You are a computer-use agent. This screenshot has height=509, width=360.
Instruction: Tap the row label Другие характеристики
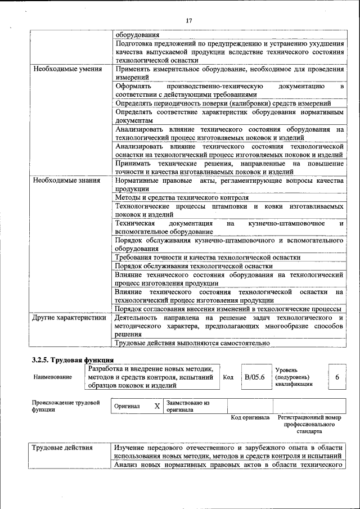(69, 318)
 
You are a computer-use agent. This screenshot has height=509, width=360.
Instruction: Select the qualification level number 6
(337, 377)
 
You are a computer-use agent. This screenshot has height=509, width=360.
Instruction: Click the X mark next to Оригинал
(157, 406)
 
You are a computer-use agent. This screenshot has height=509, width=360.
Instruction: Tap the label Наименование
(52, 377)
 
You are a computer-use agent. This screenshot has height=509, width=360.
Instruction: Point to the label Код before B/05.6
(228, 377)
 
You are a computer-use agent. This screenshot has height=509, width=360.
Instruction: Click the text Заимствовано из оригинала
(187, 406)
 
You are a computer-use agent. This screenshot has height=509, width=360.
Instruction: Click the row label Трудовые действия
(61, 448)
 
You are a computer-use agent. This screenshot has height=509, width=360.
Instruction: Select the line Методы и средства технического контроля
(182, 198)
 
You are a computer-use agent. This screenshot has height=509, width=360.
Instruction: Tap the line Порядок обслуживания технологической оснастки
(194, 266)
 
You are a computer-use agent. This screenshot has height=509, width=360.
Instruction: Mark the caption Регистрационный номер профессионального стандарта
(309, 425)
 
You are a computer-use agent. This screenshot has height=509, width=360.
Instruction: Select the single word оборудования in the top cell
(137, 34)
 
